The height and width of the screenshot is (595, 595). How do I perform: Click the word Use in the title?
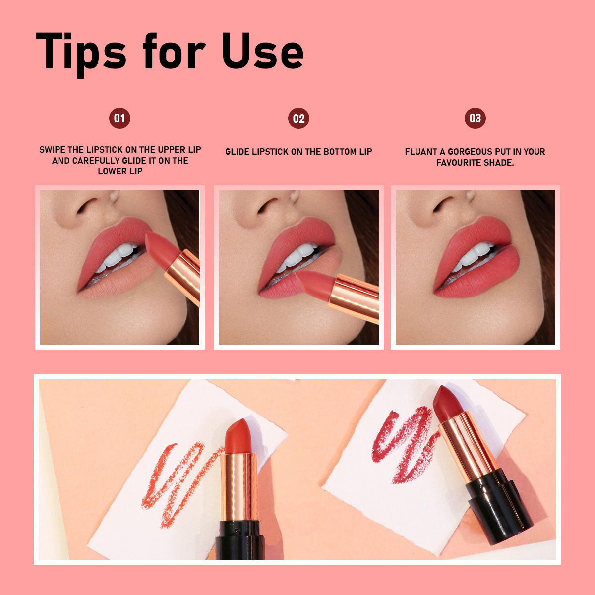tap(262, 51)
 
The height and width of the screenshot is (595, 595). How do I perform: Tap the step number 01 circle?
tap(119, 119)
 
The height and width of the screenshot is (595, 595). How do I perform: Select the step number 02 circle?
tap(298, 119)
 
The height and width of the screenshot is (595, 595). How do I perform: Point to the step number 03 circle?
tap(475, 119)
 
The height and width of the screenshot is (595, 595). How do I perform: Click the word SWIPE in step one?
tap(52, 150)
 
